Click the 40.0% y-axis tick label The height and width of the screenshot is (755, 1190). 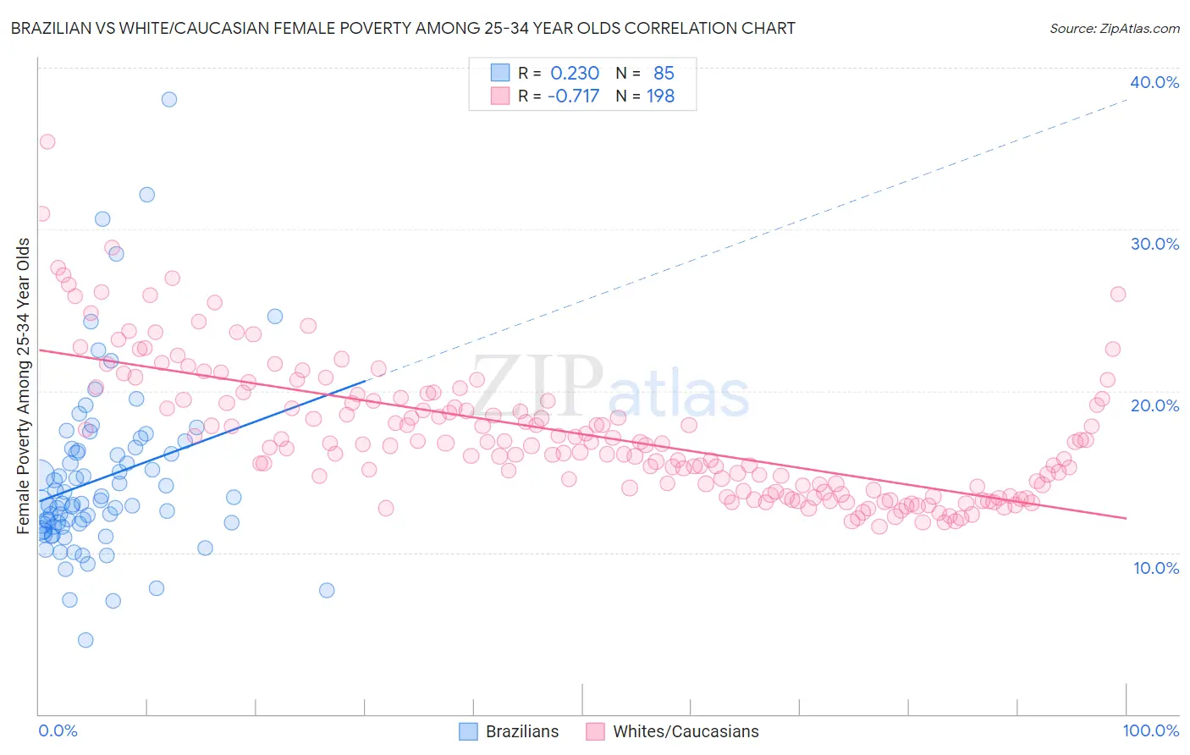(x=1154, y=82)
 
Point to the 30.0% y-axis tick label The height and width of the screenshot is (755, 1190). (x=1154, y=244)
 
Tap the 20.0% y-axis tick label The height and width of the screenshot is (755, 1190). (x=1154, y=405)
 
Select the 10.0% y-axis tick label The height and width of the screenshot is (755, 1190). (x=1156, y=567)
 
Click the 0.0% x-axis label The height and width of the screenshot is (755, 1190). (x=58, y=730)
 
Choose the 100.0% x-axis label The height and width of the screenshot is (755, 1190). (x=1151, y=730)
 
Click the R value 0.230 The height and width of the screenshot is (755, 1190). (x=575, y=73)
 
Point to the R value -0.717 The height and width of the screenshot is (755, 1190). (x=573, y=96)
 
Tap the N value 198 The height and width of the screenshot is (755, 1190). (x=660, y=96)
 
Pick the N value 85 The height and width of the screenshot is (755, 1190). (x=664, y=73)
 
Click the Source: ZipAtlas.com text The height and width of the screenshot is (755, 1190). (x=1114, y=28)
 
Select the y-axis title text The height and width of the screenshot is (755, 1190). (x=24, y=386)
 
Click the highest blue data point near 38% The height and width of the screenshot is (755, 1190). (x=169, y=99)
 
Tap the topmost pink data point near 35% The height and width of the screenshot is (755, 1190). (x=47, y=141)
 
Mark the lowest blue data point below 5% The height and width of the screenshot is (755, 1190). (x=85, y=640)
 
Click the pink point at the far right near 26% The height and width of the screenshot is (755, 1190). (x=1118, y=294)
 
